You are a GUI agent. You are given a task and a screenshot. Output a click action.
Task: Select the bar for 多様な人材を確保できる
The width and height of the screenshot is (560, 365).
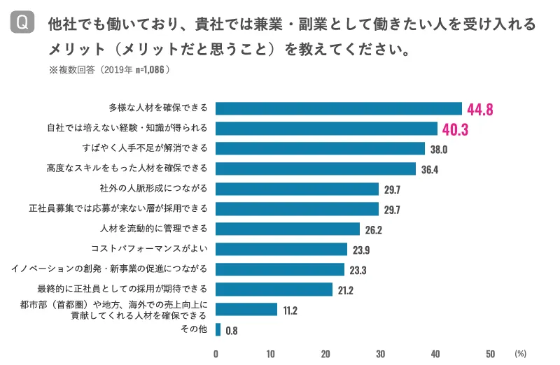(x=339, y=108)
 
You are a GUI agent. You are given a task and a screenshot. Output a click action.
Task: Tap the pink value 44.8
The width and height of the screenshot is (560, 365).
(x=481, y=109)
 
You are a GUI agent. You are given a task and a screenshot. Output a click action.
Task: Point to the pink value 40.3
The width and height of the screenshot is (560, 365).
(x=455, y=129)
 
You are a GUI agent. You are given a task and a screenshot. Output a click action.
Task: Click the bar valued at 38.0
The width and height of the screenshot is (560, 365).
(x=320, y=148)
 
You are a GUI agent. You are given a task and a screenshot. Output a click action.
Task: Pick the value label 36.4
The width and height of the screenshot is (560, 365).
(x=430, y=169)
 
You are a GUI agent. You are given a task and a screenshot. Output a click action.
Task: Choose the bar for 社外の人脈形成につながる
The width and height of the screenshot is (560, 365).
(x=297, y=189)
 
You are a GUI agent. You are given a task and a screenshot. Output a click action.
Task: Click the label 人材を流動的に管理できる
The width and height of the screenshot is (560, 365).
(x=154, y=229)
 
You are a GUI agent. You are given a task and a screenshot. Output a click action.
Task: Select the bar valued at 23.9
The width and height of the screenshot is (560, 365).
(x=281, y=249)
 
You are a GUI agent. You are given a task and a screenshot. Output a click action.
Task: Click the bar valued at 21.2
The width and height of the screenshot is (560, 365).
(x=274, y=289)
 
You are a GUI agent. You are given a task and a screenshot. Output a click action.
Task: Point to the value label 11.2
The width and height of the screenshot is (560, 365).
(x=290, y=310)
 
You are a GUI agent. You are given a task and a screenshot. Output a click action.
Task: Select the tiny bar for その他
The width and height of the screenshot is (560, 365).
(x=218, y=329)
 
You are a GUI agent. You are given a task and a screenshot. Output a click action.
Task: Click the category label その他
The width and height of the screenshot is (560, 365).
(x=194, y=329)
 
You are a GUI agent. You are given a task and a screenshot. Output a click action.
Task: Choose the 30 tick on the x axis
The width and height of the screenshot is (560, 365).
(x=380, y=353)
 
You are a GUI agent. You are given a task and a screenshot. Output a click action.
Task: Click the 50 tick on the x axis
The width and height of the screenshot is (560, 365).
(x=490, y=353)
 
